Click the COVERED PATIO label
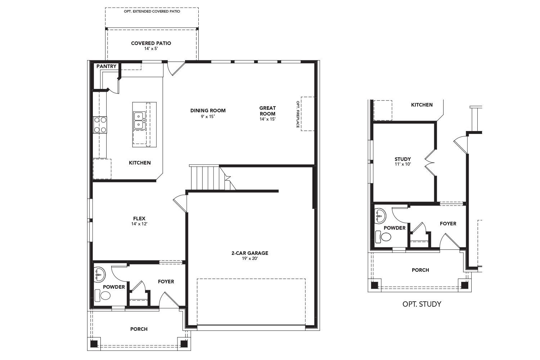click(151, 43)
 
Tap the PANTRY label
click(106, 66)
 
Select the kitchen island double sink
click(139, 121)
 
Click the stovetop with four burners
click(100, 125)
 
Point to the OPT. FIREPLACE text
click(298, 114)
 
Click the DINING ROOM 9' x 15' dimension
click(208, 117)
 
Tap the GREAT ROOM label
click(267, 111)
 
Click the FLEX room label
click(139, 219)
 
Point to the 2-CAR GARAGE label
click(249, 253)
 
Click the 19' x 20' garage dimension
click(249, 258)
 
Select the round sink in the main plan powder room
click(99, 274)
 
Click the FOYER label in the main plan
click(166, 282)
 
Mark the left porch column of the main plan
click(94, 344)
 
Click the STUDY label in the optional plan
click(402, 159)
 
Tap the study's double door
click(430, 163)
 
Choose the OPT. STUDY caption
click(422, 304)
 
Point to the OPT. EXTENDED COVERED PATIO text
click(152, 12)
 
